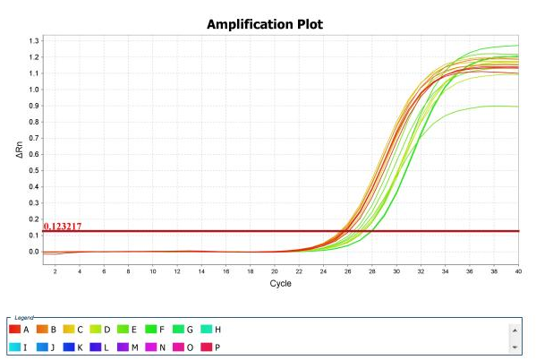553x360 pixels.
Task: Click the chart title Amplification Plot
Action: click(265, 24)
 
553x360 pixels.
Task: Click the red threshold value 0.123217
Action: click(63, 227)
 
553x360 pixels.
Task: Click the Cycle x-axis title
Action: click(280, 283)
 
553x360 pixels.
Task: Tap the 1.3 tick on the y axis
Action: click(34, 41)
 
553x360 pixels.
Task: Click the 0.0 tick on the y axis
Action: click(34, 252)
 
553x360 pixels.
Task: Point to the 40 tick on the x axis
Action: click(518, 270)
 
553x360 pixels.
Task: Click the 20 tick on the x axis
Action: click(275, 270)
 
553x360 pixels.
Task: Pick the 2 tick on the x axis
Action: click(55, 270)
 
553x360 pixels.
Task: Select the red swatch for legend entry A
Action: click(14, 330)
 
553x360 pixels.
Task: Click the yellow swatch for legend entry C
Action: click(67, 330)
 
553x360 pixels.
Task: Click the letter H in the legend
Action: click(218, 330)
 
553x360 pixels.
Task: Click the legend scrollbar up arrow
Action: click(514, 329)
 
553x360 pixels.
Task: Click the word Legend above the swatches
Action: click(23, 318)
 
